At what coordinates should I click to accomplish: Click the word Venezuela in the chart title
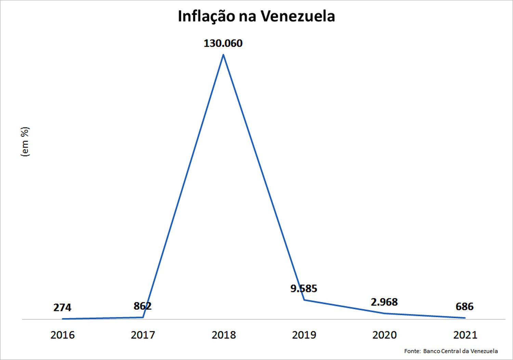(x=296, y=16)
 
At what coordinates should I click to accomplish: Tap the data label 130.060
(x=223, y=43)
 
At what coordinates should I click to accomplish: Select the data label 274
(x=62, y=308)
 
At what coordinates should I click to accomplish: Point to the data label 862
(x=143, y=306)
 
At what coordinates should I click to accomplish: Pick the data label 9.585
(x=304, y=288)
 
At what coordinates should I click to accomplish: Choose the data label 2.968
(x=384, y=302)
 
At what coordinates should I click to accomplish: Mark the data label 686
(x=464, y=307)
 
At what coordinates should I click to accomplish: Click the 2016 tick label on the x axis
(x=62, y=335)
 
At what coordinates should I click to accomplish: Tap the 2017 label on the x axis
(x=143, y=335)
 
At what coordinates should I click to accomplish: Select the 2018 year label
(x=224, y=335)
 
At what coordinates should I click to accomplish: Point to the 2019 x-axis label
(x=304, y=335)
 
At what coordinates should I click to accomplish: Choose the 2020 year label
(x=384, y=335)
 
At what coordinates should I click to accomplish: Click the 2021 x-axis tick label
(x=465, y=335)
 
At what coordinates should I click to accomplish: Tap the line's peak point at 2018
(x=223, y=54)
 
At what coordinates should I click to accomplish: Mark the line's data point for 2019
(x=304, y=300)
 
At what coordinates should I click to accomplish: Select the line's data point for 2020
(x=384, y=313)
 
